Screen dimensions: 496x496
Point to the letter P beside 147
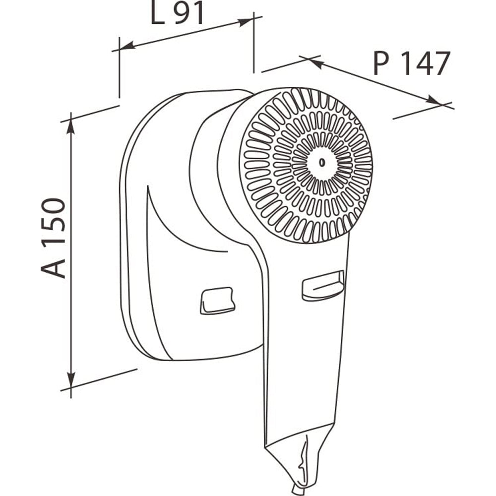coord(381,63)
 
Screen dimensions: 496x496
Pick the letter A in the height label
coord(53,268)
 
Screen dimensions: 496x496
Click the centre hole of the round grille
coord(322,163)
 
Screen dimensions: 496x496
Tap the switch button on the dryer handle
coord(323,286)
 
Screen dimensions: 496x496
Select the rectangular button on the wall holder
coord(217,301)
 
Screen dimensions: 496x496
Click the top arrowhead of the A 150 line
coord(71,126)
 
